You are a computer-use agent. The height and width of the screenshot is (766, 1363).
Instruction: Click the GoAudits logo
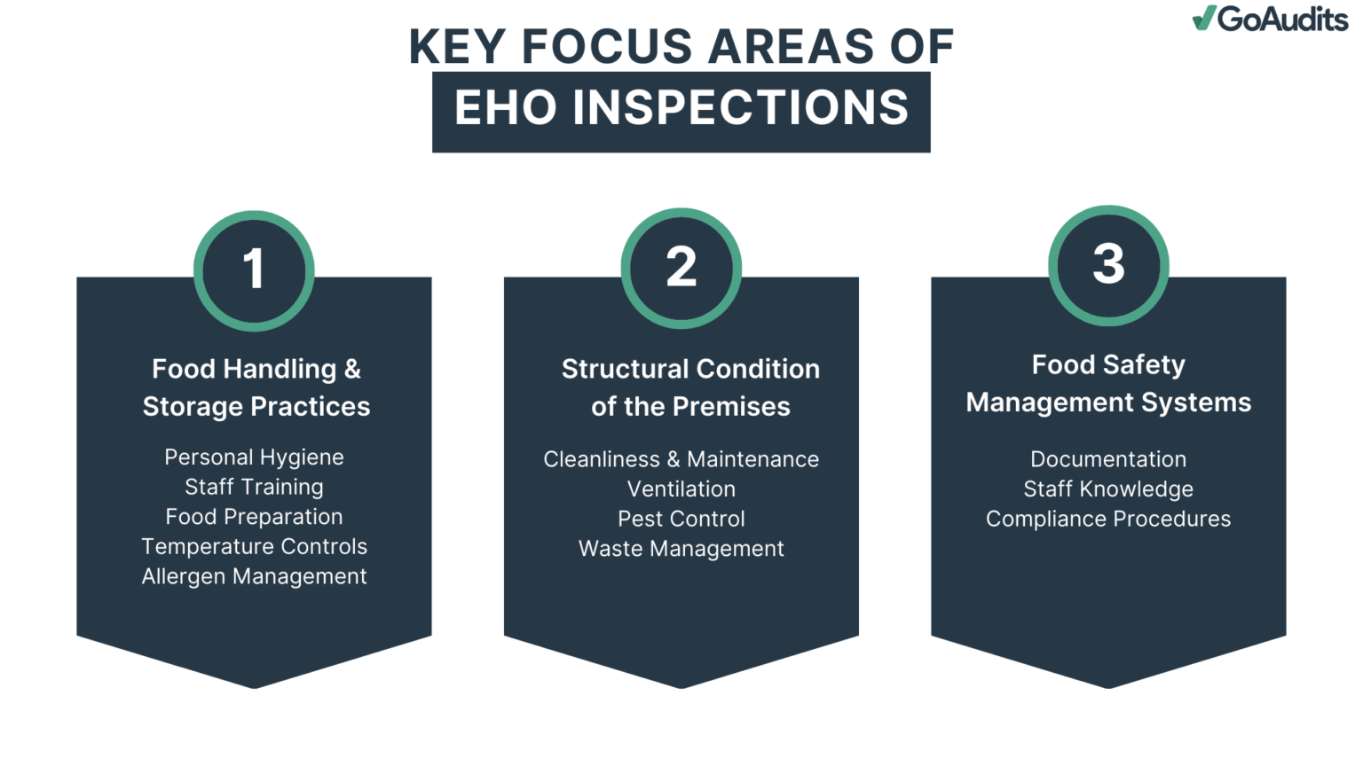click(1270, 19)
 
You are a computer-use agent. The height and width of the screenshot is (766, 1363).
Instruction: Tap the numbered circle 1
click(254, 270)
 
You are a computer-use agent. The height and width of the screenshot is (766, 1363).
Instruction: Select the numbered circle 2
click(681, 268)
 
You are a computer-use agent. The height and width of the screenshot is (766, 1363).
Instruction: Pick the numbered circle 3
click(1108, 265)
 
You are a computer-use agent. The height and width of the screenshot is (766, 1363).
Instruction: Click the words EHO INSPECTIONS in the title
click(681, 108)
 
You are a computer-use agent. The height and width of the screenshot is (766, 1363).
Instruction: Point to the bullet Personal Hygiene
click(254, 457)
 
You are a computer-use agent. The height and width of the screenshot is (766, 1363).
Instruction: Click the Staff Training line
click(254, 487)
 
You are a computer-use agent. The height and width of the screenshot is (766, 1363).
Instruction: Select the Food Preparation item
click(254, 517)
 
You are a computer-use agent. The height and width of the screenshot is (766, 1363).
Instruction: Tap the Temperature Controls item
click(254, 546)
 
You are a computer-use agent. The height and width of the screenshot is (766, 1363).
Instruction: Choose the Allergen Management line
click(254, 576)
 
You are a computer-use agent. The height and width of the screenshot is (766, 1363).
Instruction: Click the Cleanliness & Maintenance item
click(681, 459)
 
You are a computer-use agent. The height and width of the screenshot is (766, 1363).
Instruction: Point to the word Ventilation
click(681, 489)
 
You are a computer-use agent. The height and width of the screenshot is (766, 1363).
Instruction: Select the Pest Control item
click(681, 519)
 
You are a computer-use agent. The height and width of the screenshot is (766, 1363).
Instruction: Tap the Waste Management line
click(681, 549)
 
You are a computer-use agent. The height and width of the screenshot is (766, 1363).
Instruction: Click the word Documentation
click(1108, 459)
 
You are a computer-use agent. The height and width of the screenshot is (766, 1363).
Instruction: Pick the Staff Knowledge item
click(1108, 489)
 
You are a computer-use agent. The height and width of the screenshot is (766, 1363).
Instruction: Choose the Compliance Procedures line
click(1108, 519)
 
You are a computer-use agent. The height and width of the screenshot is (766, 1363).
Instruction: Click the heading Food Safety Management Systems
click(1108, 384)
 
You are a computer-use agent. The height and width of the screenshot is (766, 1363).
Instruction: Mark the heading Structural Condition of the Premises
click(690, 387)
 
